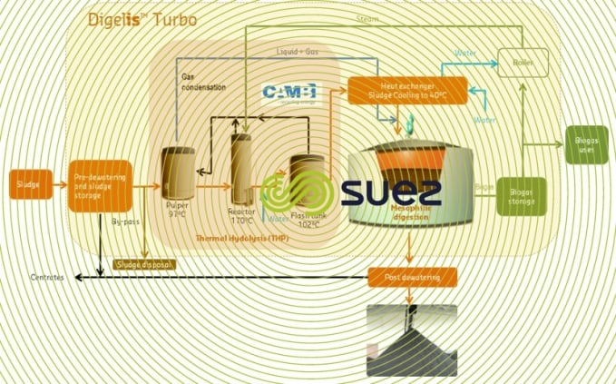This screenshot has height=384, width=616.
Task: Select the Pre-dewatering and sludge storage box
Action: (x=100, y=185)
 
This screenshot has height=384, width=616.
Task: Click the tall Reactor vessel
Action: (x=242, y=167)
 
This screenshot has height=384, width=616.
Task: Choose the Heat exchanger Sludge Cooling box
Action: (x=407, y=91)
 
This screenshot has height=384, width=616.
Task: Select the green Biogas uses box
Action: (x=585, y=145)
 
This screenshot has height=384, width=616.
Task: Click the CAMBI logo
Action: (x=288, y=94)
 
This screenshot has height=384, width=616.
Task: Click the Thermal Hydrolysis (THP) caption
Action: (x=238, y=238)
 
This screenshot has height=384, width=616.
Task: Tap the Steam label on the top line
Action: (x=367, y=18)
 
